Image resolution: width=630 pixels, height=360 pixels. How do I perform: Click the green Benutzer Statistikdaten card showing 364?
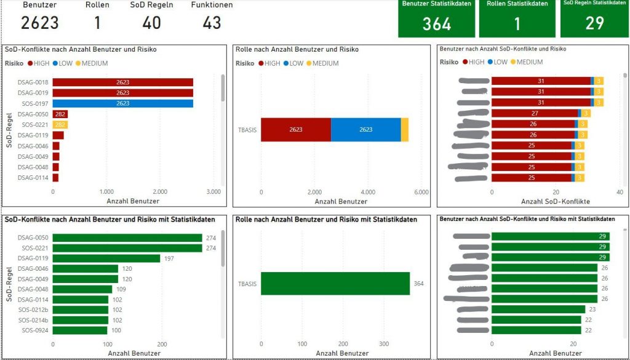point(436,18)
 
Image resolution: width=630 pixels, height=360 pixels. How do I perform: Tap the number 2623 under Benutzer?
point(40,23)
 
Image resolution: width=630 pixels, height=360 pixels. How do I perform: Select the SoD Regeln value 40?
point(151,23)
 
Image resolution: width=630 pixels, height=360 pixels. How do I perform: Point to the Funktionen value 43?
point(212,23)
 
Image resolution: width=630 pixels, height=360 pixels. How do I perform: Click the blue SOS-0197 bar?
point(122,103)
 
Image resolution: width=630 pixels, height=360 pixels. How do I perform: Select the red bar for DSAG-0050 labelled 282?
point(60,114)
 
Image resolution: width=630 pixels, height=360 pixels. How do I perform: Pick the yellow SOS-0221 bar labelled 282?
point(60,125)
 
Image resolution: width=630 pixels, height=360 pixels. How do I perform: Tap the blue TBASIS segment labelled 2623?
point(365,130)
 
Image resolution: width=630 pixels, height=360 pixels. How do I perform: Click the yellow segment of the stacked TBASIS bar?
point(405,130)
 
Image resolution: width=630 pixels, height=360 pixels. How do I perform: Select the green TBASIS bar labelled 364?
point(335,284)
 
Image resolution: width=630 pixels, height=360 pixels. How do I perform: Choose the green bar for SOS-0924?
point(80,330)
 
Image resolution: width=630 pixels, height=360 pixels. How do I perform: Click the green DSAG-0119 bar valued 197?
point(106,258)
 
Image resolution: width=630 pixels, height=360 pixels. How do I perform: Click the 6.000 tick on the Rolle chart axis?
point(421,192)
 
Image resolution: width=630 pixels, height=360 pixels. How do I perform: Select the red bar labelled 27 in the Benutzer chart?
point(535,113)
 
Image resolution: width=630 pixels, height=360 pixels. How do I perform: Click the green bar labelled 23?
point(538,310)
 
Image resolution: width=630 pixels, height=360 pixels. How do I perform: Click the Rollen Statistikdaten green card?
point(517,18)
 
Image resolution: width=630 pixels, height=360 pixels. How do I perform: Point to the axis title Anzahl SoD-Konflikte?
point(556,201)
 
